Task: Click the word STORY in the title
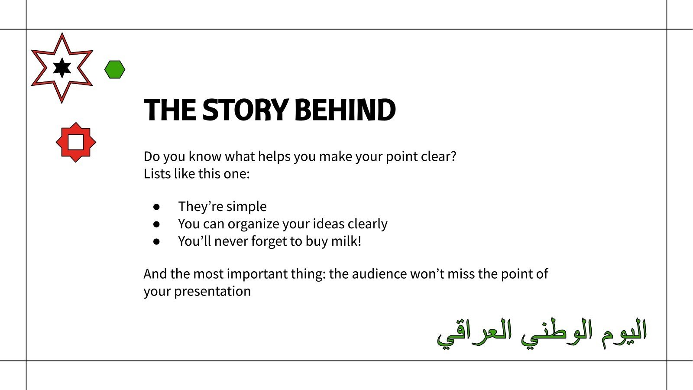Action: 245,110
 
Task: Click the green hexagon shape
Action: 115,69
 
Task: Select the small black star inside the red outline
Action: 62,68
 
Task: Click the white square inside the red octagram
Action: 76,142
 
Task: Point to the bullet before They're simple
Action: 156,207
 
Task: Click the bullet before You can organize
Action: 156,224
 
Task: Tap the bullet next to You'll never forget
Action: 156,241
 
